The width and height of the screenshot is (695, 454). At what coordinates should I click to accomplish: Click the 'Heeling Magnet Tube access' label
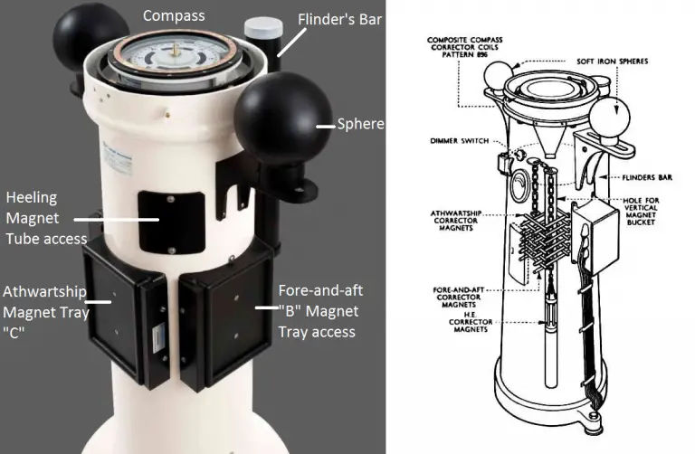pos(46,218)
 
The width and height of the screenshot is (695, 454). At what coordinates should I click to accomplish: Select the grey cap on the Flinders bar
pos(258,28)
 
